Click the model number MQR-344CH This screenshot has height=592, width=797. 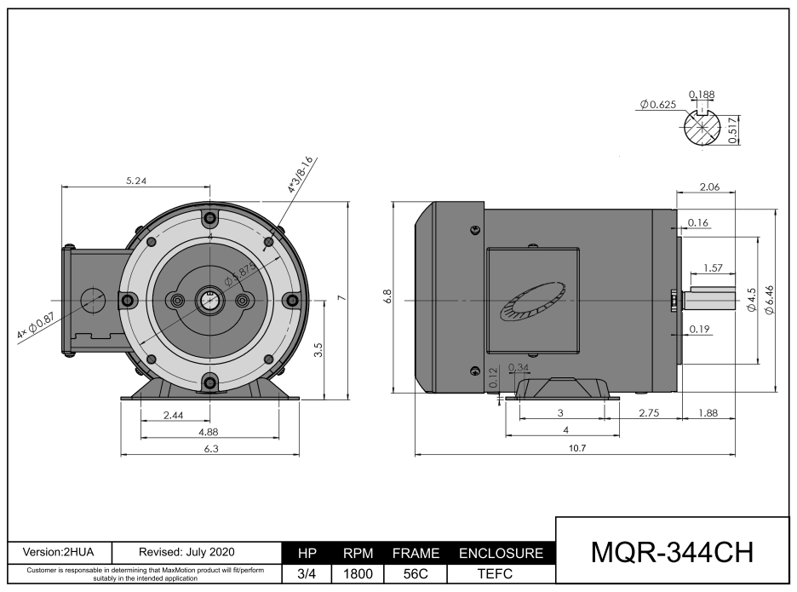pos(673,552)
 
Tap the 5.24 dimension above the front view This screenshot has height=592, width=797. pos(135,181)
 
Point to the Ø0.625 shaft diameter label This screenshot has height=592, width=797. pos(657,104)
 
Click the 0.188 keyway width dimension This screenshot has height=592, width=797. pos(702,95)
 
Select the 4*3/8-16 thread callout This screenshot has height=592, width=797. pos(301,175)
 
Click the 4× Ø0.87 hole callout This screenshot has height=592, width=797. pos(36,326)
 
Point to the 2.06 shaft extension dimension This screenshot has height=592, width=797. pos(709,187)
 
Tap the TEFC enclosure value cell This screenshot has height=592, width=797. pos(501,573)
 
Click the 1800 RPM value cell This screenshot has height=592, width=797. pos(358,573)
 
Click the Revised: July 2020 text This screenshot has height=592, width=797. pos(186,552)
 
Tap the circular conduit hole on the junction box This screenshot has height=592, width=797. pos(90,300)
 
